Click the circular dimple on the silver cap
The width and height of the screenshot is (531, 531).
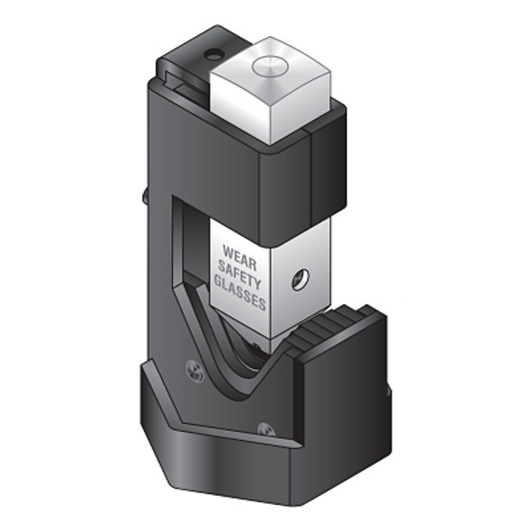pos(266,64)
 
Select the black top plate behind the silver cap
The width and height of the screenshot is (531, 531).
pos(193,58)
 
